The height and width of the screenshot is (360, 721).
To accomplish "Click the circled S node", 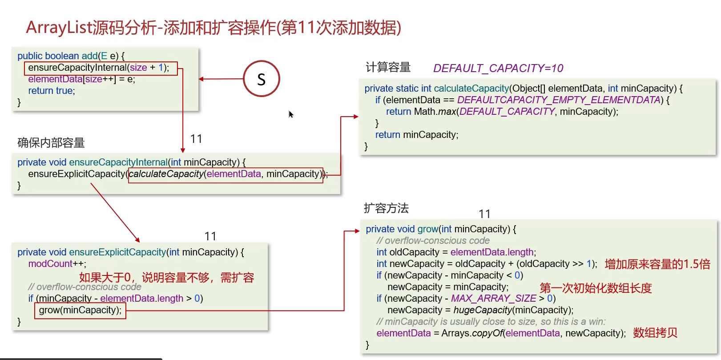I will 262,79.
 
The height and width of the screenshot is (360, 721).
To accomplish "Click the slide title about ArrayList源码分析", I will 213,28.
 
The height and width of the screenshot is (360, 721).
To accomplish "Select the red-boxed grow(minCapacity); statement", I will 80,310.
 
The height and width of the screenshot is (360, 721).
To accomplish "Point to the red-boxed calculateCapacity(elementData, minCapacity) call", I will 225,174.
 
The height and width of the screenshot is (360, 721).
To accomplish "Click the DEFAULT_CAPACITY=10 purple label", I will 498,68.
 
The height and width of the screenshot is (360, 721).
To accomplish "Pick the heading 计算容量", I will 388,67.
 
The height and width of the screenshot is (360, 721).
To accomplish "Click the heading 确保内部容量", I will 51,142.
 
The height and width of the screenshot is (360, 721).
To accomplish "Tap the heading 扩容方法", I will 386,208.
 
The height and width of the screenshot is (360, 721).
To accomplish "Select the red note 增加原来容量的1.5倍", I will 657,264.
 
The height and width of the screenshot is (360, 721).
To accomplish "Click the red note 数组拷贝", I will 655,333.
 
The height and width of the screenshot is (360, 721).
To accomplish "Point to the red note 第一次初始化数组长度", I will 595,288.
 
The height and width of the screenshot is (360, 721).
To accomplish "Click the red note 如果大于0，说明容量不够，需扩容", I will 166,278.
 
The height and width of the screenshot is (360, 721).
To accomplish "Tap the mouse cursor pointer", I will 290,114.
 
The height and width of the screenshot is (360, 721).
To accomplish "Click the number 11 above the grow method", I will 484,214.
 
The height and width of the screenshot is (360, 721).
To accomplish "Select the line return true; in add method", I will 52,91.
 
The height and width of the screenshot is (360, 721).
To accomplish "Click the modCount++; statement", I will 57,264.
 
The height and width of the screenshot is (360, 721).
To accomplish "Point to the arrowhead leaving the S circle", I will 201,79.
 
